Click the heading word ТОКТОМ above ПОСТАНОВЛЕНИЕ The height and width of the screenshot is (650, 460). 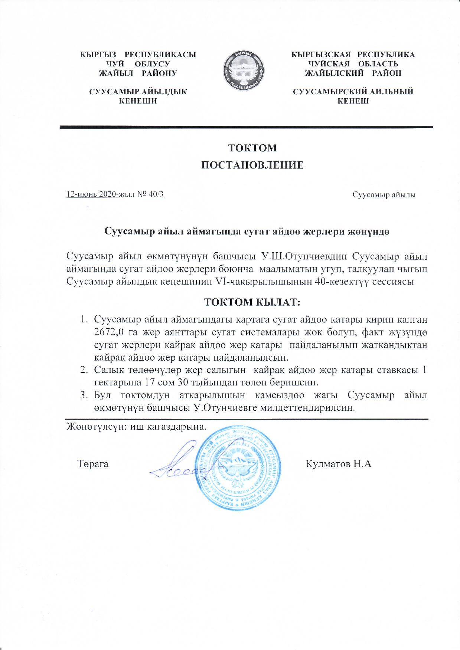tap(252, 148)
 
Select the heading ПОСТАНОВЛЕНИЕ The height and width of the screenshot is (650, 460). tap(252, 165)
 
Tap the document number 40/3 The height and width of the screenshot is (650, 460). tap(156, 194)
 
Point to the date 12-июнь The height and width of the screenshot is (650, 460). tap(79, 194)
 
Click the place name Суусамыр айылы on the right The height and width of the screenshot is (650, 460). tap(384, 195)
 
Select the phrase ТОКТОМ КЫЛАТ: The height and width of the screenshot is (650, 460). tap(252, 302)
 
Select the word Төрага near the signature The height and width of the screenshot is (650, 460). tap(93, 464)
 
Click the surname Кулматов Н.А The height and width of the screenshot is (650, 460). tap(338, 464)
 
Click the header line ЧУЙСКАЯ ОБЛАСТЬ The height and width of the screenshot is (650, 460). tap(353, 64)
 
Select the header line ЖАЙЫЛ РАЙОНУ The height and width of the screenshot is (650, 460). tap(138, 73)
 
